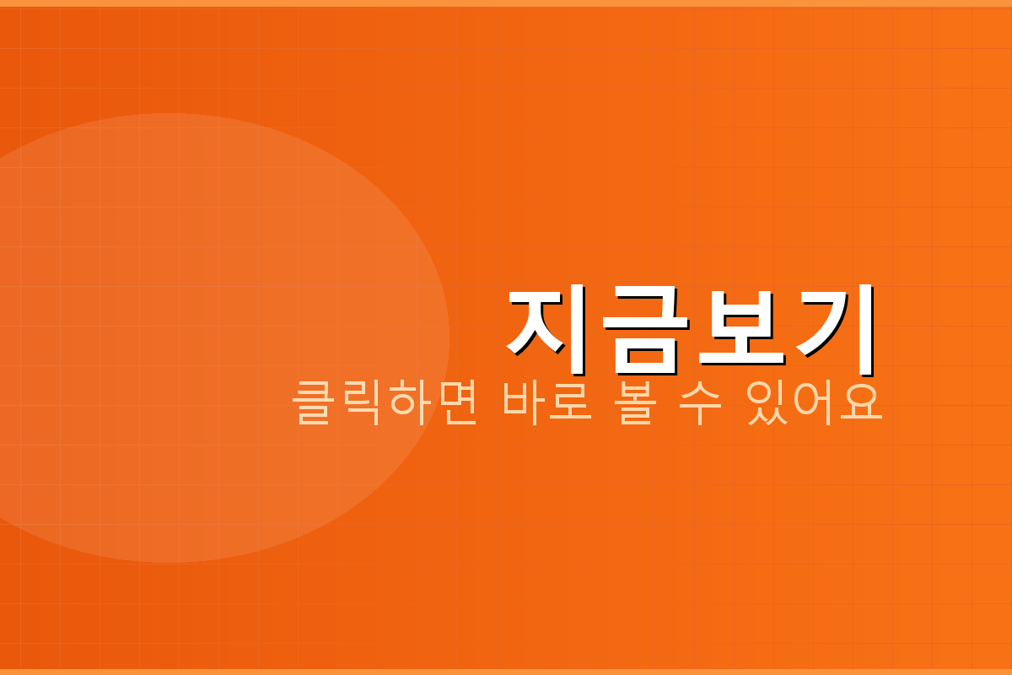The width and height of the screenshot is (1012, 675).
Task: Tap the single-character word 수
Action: pyautogui.click(x=700, y=403)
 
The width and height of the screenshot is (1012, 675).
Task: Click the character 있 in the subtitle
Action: pyautogui.click(x=766, y=403)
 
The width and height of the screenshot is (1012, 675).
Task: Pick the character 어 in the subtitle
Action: pyautogui.click(x=813, y=403)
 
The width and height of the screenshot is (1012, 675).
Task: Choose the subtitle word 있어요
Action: pyautogui.click(x=813, y=403)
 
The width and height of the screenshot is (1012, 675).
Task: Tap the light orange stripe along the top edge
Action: pyautogui.click(x=506, y=3)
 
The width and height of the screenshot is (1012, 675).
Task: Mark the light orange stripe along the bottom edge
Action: pyautogui.click(x=506, y=672)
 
